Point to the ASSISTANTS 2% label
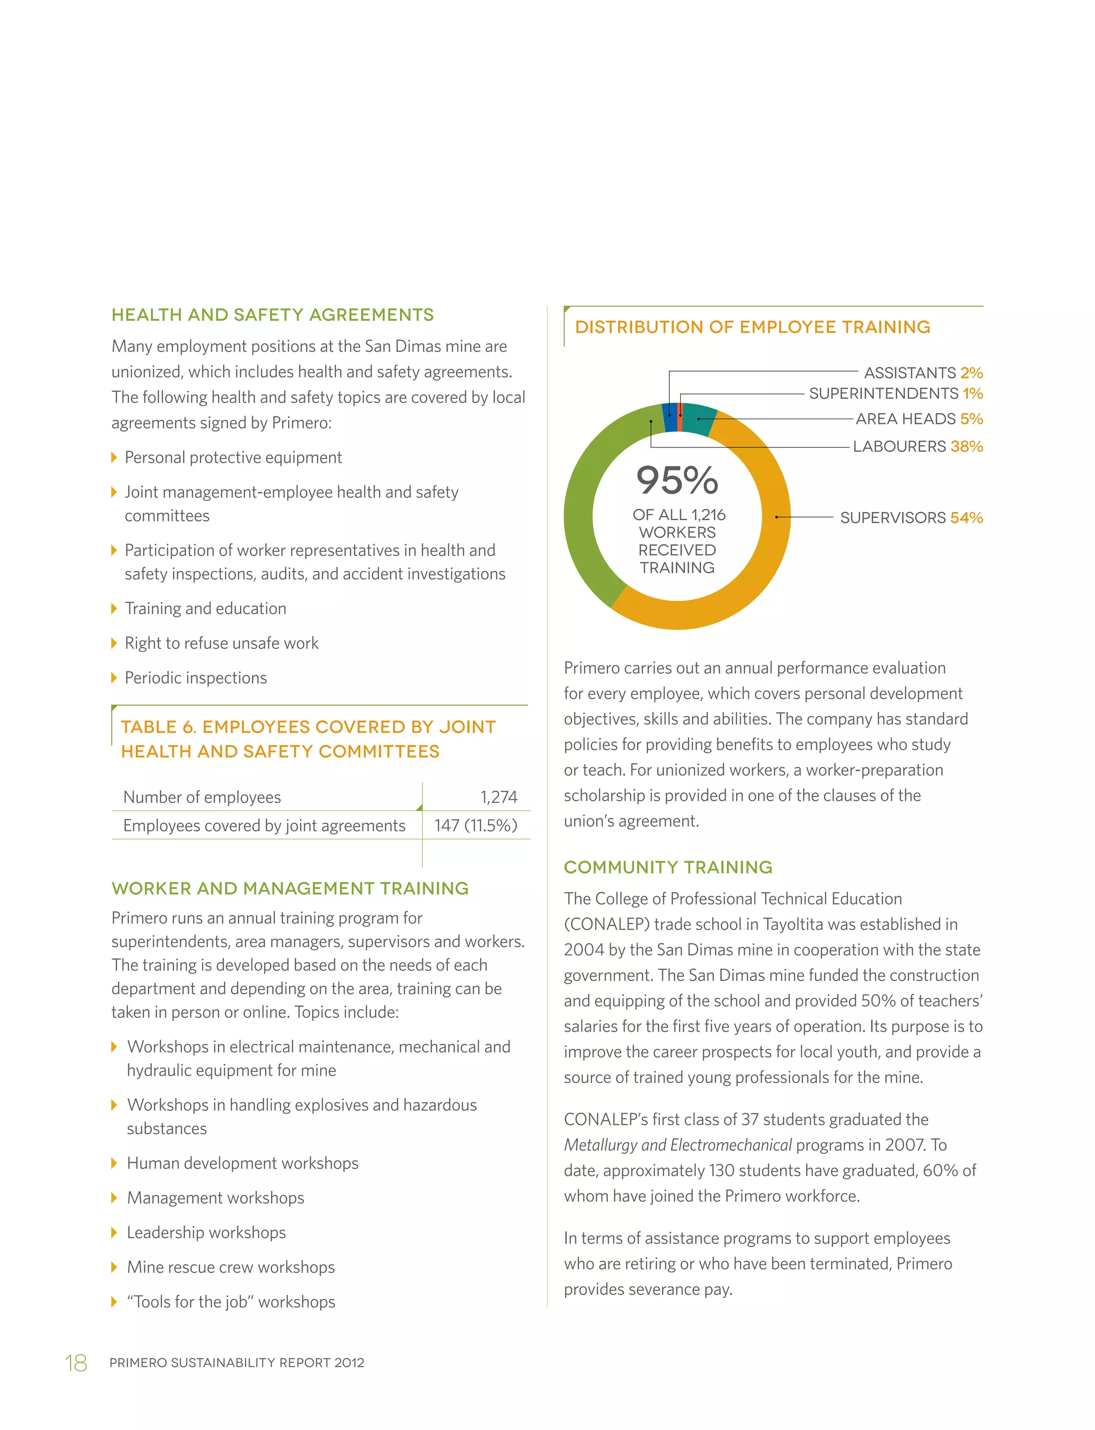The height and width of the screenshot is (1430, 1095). point(923,373)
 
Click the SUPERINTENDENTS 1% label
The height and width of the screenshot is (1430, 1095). point(896,393)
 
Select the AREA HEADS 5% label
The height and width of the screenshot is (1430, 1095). point(919,419)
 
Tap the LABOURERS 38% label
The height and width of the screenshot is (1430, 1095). point(917,446)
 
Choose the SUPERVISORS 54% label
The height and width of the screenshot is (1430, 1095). point(911,517)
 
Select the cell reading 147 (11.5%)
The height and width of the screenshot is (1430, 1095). point(476,826)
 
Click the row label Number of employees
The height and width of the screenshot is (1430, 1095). point(202,797)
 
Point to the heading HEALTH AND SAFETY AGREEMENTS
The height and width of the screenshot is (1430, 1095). point(273,315)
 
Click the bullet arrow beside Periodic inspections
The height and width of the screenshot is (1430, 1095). point(114,678)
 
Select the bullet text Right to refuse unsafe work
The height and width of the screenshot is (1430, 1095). point(221,643)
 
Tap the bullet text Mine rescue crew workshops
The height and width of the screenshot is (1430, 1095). point(231,1267)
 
